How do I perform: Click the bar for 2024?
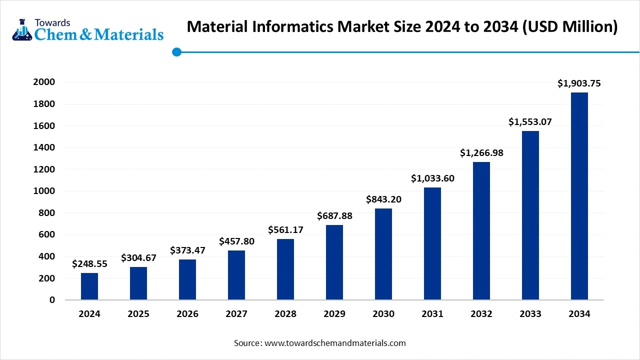click(89, 286)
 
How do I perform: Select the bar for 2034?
click(579, 196)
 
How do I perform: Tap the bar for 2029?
click(334, 262)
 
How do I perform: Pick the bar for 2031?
click(432, 243)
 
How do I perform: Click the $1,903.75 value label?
click(579, 84)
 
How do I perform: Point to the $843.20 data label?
click(383, 199)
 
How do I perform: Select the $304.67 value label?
click(138, 258)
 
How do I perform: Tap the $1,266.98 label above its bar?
click(481, 153)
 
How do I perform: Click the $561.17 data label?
click(285, 230)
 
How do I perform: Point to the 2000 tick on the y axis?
click(44, 82)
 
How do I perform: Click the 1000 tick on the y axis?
click(44, 191)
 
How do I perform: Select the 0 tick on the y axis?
click(51, 300)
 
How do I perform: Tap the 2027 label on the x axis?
click(236, 314)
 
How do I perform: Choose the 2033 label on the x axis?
click(530, 314)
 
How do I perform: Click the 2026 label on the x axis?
click(187, 314)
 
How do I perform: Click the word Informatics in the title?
click(285, 26)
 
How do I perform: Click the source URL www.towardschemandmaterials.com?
click(335, 343)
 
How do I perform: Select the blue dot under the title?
click(176, 51)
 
